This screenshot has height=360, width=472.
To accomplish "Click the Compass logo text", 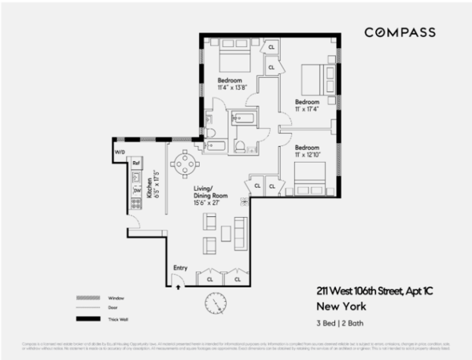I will click(398, 32).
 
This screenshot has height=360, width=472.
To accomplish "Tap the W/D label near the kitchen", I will click(120, 152).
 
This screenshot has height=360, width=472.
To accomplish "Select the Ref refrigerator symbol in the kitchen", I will click(135, 163).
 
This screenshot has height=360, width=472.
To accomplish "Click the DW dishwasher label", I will click(135, 189).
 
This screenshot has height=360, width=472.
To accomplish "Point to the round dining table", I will click(185, 165).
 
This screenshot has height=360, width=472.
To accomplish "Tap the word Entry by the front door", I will click(180, 268).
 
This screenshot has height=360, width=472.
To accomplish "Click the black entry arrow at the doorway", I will click(180, 286).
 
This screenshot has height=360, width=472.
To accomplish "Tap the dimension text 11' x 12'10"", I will click(307, 153).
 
